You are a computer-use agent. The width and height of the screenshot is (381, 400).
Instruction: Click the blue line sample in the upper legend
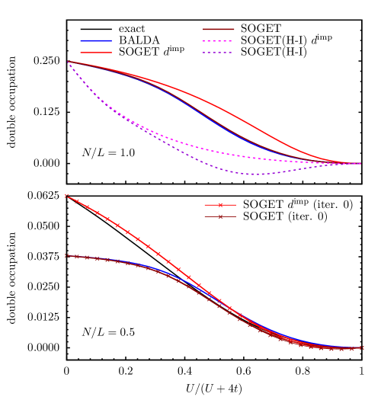point(96,40)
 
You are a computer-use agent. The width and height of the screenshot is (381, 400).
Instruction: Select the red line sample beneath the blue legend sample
point(96,53)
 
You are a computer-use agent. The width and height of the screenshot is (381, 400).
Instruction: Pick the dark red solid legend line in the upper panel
point(218,29)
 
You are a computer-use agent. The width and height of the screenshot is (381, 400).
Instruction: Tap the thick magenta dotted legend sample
point(218,41)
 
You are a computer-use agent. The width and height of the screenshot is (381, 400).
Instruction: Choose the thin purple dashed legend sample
point(218,53)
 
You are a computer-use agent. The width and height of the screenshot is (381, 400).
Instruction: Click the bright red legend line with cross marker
point(220,204)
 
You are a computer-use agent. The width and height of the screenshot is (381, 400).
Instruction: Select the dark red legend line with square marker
point(220,216)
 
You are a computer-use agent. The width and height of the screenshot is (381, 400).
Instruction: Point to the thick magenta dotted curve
point(190,145)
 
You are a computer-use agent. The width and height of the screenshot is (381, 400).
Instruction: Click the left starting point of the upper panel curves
point(68,62)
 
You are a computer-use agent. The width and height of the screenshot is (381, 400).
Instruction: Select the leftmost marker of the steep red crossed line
point(67,195)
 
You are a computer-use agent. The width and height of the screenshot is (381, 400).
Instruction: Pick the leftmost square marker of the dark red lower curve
point(67,255)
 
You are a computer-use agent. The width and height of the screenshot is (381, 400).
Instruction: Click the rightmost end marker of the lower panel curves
point(361,348)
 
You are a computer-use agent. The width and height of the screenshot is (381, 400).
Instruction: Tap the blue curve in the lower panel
point(305,339)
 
